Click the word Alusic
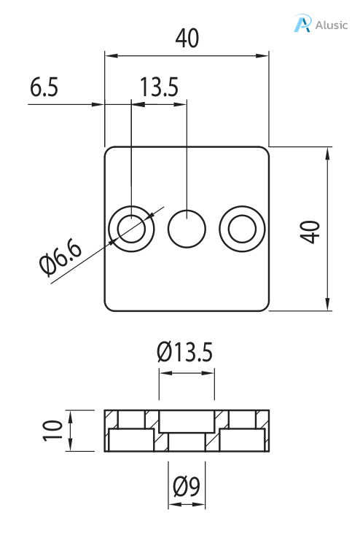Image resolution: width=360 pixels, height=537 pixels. point(332,25)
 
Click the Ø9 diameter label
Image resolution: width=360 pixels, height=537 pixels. point(187,485)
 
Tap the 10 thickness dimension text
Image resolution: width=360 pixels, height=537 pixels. point(50,430)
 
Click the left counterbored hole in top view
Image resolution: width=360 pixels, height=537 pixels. point(131,229)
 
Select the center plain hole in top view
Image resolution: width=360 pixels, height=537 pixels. point(187,229)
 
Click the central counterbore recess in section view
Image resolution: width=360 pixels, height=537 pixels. point(187,420)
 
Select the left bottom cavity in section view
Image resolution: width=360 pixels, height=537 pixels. point(131,441)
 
